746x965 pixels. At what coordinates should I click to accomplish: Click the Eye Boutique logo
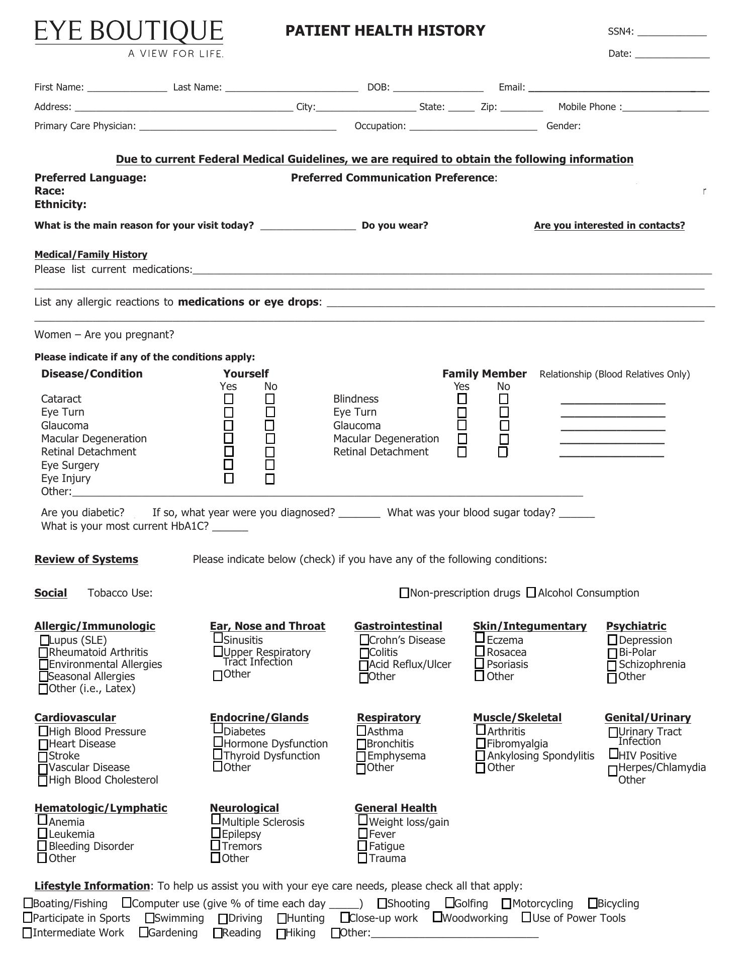tap(129, 38)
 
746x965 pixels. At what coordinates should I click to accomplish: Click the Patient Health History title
tap(385, 31)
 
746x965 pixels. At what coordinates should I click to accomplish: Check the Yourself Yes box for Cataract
tap(229, 399)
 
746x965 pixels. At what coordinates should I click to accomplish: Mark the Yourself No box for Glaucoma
tap(270, 426)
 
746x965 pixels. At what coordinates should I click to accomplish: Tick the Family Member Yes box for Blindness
tap(462, 399)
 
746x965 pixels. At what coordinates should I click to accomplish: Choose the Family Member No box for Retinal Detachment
tap(503, 452)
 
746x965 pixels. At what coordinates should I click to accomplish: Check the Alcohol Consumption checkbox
tap(531, 593)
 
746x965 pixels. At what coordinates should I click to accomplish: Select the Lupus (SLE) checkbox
tap(45, 640)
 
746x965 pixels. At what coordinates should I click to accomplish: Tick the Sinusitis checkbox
tap(218, 638)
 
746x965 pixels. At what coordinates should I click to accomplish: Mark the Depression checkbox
tap(612, 640)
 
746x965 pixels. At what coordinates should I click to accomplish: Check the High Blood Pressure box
tap(44, 731)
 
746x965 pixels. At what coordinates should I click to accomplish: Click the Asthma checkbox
tap(361, 731)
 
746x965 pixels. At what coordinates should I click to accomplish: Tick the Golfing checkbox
tap(450, 903)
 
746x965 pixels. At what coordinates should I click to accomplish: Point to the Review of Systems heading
tap(86, 559)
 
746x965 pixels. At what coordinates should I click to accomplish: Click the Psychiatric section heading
tap(636, 626)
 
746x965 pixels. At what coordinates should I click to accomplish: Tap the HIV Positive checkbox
tap(613, 754)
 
